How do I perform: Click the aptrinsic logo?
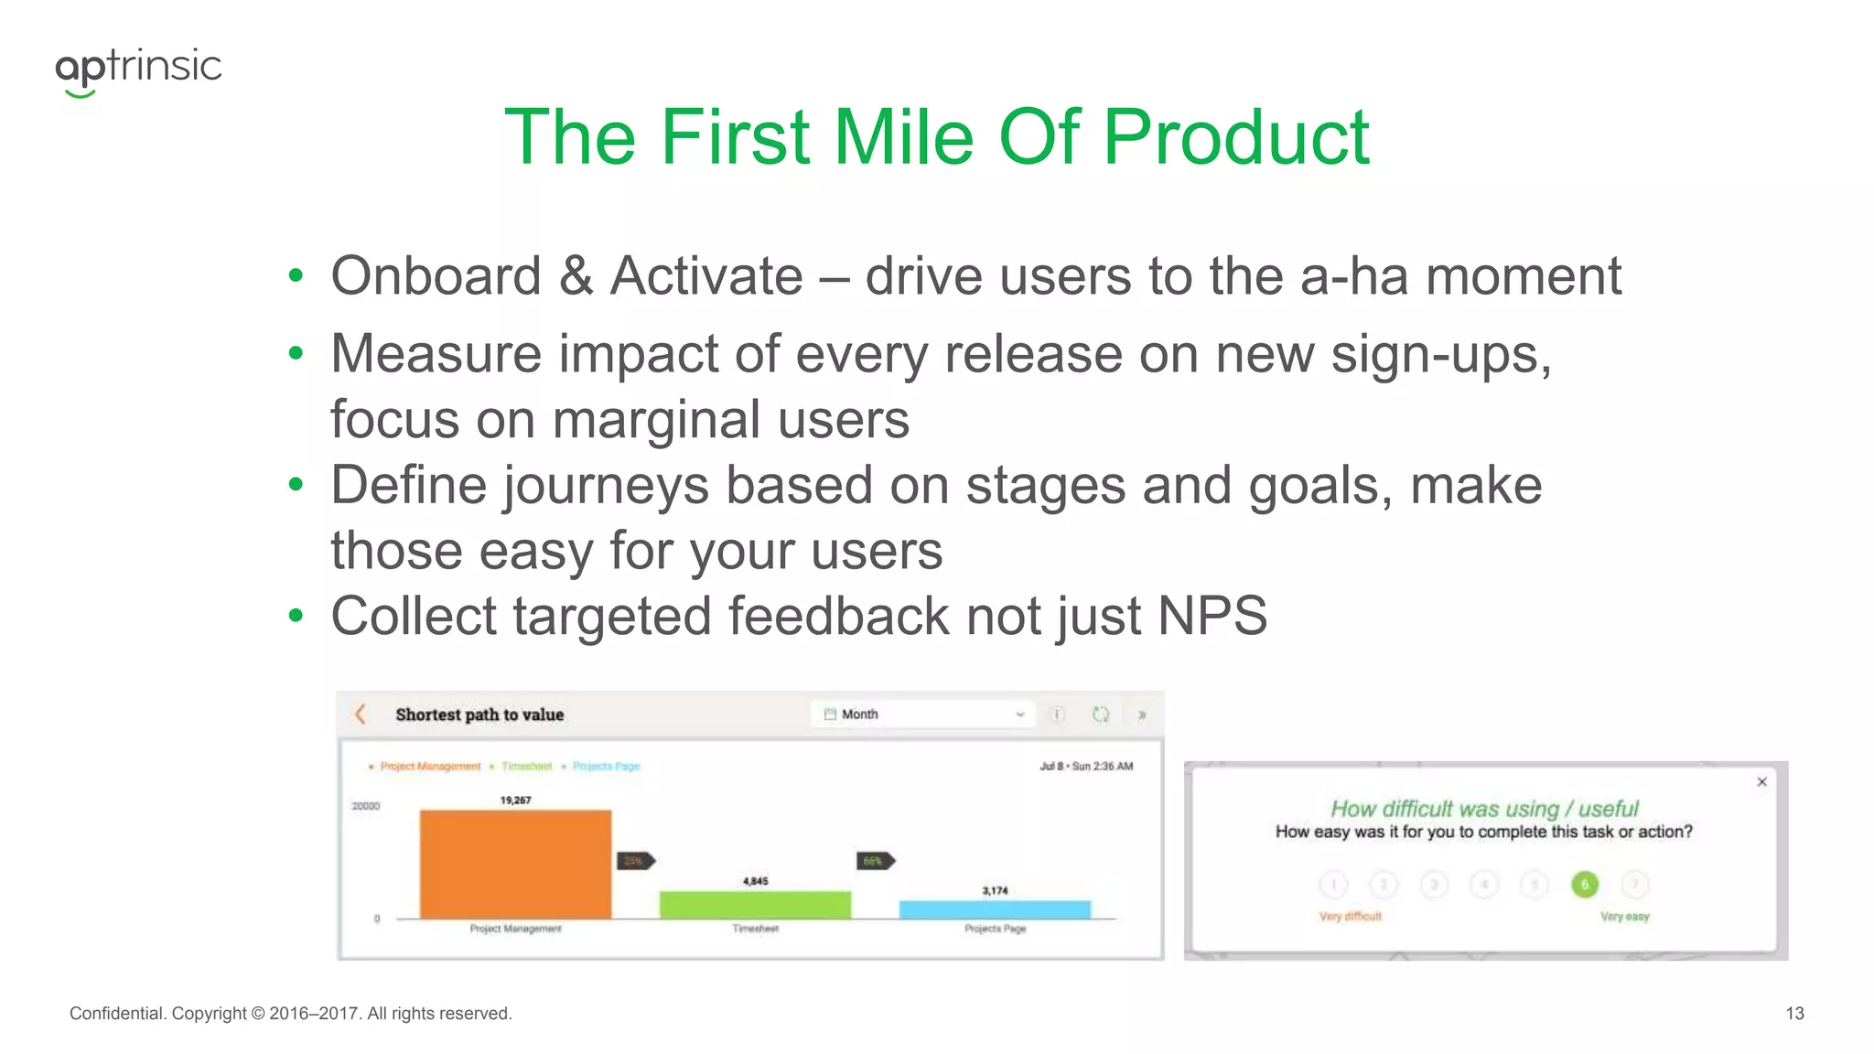pos(138,70)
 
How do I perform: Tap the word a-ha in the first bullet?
pos(1353,276)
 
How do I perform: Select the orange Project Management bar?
pos(515,864)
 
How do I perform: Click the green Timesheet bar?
pos(755,904)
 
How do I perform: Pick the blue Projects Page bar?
pos(995,909)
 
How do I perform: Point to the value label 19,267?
pos(515,800)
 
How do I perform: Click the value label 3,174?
pos(995,890)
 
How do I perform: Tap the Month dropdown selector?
pos(922,715)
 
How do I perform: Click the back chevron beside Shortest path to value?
pos(361,715)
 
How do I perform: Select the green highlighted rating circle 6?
pos(1584,884)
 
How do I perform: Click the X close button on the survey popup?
pos(1761,781)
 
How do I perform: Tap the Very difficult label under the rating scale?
pos(1350,916)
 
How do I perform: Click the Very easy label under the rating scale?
pos(1624,916)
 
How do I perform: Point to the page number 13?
pos(1794,1013)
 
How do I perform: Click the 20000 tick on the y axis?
pos(366,806)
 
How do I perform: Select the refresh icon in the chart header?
pos(1101,715)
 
